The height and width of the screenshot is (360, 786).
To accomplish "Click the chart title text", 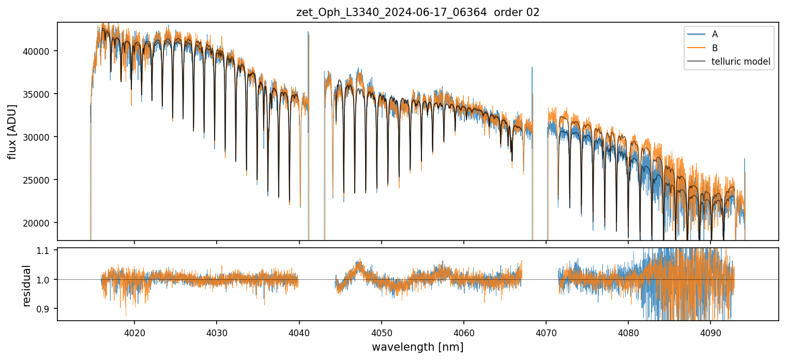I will [418, 12].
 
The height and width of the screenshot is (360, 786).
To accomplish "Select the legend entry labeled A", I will [715, 34].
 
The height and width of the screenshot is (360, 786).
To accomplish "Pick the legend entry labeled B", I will [715, 48].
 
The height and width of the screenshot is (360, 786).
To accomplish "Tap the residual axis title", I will [27, 285].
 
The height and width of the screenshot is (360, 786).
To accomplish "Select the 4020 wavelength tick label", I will [134, 331].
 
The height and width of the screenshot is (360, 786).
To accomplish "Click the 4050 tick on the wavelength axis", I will [381, 331].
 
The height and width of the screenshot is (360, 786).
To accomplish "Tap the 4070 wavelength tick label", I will [546, 331].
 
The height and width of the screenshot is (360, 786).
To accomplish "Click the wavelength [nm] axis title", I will [417, 347].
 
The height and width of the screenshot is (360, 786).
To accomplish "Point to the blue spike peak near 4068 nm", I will [532, 67].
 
